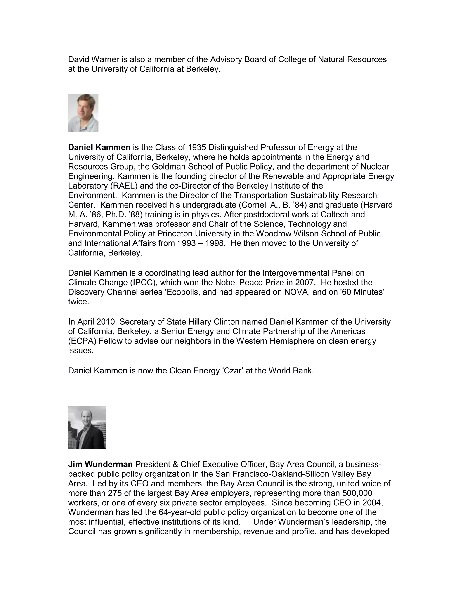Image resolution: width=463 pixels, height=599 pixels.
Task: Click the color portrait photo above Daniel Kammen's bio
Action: pos(83,113)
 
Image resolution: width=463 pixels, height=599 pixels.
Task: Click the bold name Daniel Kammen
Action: pos(99,148)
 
